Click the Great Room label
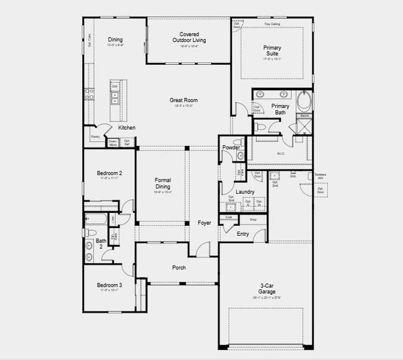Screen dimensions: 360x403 184,101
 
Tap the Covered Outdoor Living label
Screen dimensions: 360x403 189,38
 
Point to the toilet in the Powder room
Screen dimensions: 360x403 240,155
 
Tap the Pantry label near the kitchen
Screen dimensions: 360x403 95,137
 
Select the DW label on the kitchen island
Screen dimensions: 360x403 115,86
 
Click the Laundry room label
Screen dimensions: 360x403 245,192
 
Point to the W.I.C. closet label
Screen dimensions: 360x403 281,153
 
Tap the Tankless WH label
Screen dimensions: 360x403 320,176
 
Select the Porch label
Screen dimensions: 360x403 179,268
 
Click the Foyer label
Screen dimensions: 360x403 204,223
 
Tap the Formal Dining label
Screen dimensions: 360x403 163,183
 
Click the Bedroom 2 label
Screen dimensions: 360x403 110,173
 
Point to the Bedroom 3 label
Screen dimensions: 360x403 110,285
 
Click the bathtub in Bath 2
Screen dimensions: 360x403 96,218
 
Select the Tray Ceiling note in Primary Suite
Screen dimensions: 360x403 272,25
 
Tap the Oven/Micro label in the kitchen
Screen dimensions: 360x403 113,142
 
